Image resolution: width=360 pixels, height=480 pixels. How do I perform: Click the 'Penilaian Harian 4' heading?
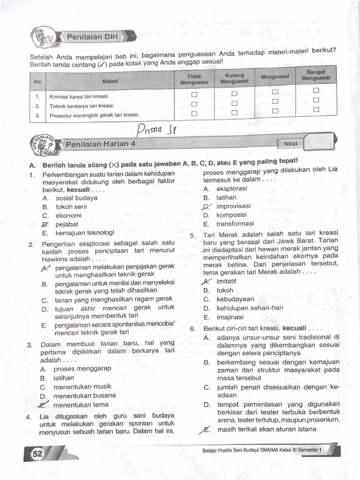pyautogui.click(x=100, y=144)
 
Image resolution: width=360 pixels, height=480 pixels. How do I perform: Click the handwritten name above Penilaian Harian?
pyautogui.click(x=156, y=128)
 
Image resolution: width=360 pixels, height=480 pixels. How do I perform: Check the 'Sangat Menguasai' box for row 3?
pyautogui.click(x=316, y=109)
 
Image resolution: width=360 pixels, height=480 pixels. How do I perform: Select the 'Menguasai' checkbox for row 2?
pyautogui.click(x=275, y=101)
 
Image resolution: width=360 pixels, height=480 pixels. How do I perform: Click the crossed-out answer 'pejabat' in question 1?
pyautogui.click(x=66, y=224)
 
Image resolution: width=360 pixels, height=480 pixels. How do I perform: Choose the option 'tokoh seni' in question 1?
pyautogui.click(x=71, y=207)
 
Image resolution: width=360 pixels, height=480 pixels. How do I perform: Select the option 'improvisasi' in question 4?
pyautogui.click(x=233, y=206)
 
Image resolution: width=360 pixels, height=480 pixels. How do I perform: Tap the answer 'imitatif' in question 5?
pyautogui.click(x=226, y=281)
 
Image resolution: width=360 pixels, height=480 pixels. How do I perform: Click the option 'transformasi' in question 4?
pyautogui.click(x=235, y=224)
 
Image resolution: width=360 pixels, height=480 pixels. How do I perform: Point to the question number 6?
pyautogui.click(x=193, y=328)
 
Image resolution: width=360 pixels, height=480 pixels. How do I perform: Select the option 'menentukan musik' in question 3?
pyautogui.click(x=82, y=387)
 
